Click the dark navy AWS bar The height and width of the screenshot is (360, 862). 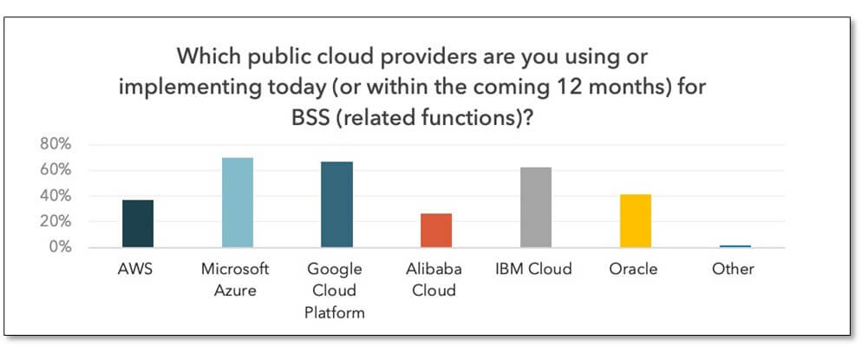[x=138, y=224]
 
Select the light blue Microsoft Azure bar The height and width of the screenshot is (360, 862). [x=238, y=203]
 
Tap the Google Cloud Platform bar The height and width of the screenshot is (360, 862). [x=337, y=205]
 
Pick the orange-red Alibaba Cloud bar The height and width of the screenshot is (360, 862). [x=436, y=230]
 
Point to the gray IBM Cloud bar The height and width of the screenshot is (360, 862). [x=536, y=207]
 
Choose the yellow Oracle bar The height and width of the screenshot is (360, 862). [x=636, y=221]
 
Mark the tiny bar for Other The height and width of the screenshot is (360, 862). [x=735, y=246]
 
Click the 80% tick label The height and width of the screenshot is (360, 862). [x=56, y=145]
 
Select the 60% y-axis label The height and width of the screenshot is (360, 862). [x=56, y=170]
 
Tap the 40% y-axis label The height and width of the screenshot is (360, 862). [x=56, y=196]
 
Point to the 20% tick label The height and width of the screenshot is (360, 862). [x=56, y=222]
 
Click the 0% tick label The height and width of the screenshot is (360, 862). [x=59, y=247]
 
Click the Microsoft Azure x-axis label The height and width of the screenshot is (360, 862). [x=235, y=279]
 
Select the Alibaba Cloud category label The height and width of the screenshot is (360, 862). [x=434, y=279]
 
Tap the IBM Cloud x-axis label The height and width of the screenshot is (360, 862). [x=533, y=269]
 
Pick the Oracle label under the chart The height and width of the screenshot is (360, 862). [x=633, y=269]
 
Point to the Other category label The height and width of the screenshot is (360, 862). [x=734, y=269]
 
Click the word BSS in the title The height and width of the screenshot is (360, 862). [x=311, y=118]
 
